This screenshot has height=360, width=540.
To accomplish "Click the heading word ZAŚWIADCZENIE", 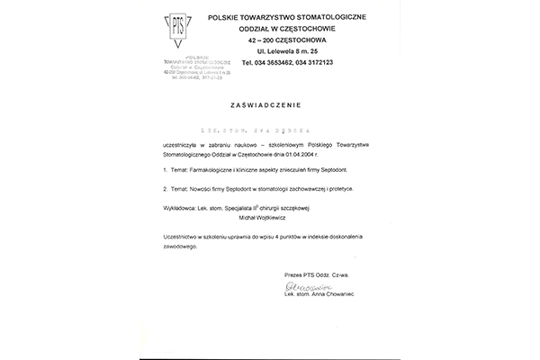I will (270, 103).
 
